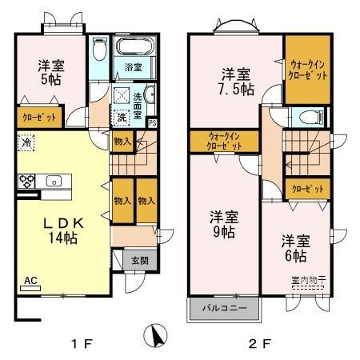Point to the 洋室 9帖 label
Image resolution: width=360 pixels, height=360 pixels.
[x=223, y=223]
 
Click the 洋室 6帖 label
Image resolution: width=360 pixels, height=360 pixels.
[x=293, y=248]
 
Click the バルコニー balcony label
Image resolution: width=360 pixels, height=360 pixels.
[x=223, y=307]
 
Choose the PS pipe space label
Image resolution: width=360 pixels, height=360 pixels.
[x=153, y=122]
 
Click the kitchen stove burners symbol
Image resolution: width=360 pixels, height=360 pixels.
[x=26, y=180]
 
